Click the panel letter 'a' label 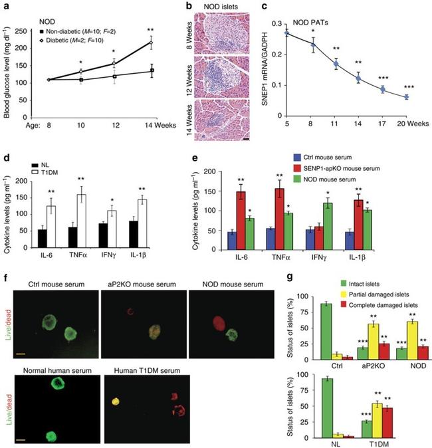[x=5, y=7]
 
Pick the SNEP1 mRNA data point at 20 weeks [x=406, y=97]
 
